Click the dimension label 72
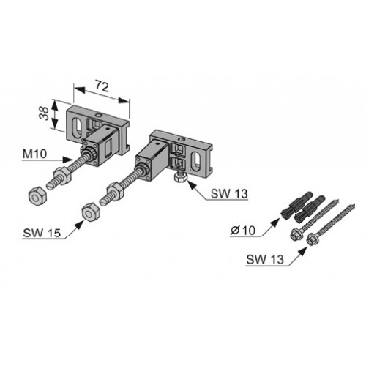pyautogui.click(x=102, y=86)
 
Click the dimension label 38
pyautogui.click(x=44, y=113)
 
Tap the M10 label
pyautogui.click(x=34, y=154)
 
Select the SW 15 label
pyautogui.click(x=42, y=233)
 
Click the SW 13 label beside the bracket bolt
pyautogui.click(x=229, y=194)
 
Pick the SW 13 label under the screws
pyautogui.click(x=265, y=259)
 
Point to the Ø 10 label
pyautogui.click(x=243, y=231)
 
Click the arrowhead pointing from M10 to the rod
pyautogui.click(x=68, y=160)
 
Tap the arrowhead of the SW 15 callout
pyautogui.click(x=79, y=225)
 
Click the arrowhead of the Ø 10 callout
pyautogui.click(x=275, y=223)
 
